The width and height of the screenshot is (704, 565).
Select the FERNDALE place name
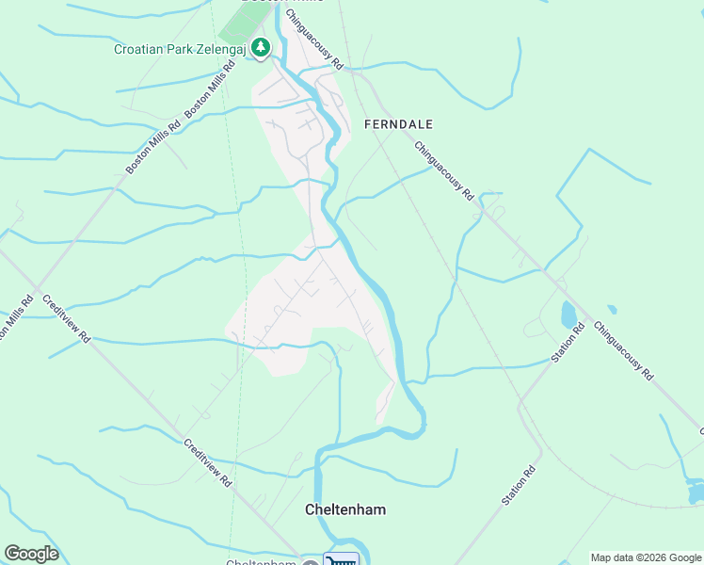[x=398, y=124]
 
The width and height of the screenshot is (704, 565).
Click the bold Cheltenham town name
[x=345, y=509]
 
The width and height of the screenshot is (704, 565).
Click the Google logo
[x=31, y=554]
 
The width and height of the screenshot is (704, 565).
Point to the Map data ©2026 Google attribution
[x=646, y=557]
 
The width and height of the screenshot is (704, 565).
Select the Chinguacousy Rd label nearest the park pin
[x=315, y=40]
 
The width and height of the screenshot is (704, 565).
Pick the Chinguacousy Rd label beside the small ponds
[x=623, y=350]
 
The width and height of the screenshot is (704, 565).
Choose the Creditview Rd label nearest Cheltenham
[x=207, y=462]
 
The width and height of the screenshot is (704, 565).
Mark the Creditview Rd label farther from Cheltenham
[x=66, y=316]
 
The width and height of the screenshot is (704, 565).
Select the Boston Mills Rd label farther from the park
[x=153, y=147]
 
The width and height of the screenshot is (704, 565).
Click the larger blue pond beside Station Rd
[x=568, y=315]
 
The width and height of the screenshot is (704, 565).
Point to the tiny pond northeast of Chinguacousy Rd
[x=612, y=309]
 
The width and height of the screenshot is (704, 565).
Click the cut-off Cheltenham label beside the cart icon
[x=262, y=562]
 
